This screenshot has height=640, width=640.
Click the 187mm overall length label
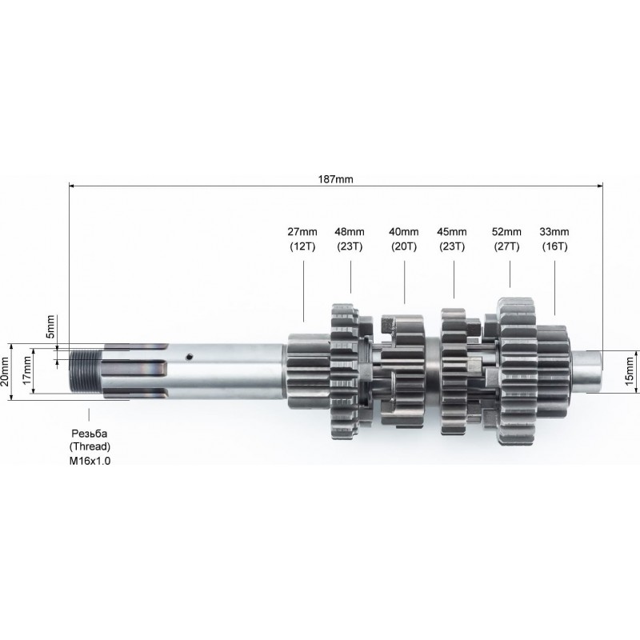335,179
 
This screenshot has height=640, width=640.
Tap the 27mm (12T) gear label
302,239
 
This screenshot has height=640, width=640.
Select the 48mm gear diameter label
350,232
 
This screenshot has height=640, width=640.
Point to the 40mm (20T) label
404,239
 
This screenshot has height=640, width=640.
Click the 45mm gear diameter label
452,232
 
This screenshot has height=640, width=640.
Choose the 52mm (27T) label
506,239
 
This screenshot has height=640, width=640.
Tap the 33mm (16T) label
554,239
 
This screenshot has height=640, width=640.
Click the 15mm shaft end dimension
629,370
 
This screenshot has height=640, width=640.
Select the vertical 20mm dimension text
6,371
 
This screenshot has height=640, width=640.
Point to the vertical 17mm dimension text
27,370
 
